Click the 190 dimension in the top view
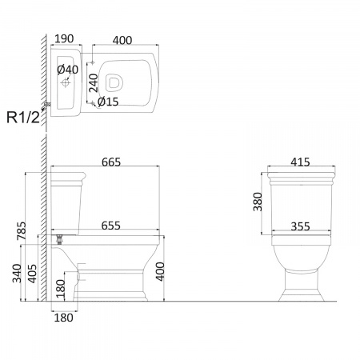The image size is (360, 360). [x=64, y=39]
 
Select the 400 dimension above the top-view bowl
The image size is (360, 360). [x=122, y=40]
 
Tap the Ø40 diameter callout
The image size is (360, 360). [x=67, y=70]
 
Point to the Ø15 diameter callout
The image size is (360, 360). [x=108, y=102]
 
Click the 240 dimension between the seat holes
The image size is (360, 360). [x=94, y=83]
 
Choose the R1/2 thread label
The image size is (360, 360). [x=23, y=117]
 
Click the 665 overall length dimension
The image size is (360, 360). [x=111, y=162]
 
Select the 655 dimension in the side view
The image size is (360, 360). [x=111, y=226]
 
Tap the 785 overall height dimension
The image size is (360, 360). [x=22, y=230]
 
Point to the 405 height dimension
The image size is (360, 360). [x=33, y=274]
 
